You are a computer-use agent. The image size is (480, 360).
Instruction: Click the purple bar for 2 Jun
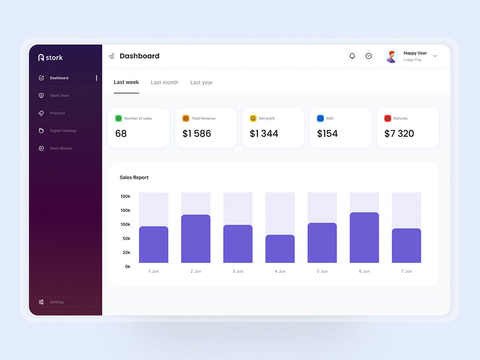click(196, 239)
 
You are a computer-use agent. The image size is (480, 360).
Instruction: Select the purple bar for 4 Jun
click(280, 248)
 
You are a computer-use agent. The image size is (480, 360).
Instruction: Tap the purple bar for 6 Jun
click(364, 238)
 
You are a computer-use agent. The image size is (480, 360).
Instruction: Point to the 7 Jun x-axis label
click(406, 271)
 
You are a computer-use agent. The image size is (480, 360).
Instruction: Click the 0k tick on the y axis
click(128, 266)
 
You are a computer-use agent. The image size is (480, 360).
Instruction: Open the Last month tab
click(164, 82)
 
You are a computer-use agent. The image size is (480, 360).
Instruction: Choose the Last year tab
click(202, 82)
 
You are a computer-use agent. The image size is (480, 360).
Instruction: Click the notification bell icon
click(352, 56)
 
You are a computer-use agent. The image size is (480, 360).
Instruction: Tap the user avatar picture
click(392, 56)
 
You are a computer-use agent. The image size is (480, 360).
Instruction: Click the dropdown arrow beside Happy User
click(435, 56)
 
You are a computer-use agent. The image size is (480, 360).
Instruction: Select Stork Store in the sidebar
click(59, 95)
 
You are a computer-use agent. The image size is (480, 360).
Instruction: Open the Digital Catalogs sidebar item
click(63, 130)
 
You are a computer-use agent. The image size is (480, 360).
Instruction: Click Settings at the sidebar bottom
click(57, 302)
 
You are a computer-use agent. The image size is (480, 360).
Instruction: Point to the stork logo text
click(54, 58)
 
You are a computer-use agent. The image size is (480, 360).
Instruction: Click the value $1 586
click(197, 133)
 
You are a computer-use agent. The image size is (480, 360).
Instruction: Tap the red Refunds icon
click(388, 118)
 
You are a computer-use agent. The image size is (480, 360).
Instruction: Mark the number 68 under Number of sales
click(121, 133)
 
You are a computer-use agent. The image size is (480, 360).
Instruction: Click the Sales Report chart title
click(134, 178)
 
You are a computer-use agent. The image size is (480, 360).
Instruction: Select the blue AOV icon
click(320, 118)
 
